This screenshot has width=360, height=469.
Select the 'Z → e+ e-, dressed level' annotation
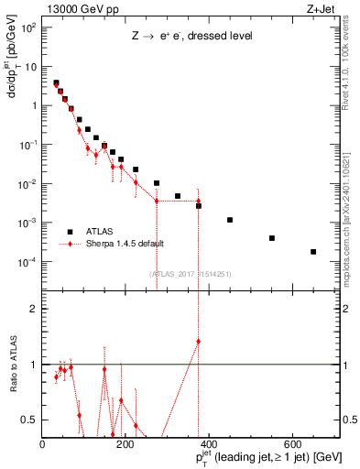coord(191,38)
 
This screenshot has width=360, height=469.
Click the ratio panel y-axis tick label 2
coord(34,309)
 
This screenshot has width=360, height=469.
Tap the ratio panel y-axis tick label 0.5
coord(30,420)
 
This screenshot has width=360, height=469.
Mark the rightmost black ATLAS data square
coord(313,252)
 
